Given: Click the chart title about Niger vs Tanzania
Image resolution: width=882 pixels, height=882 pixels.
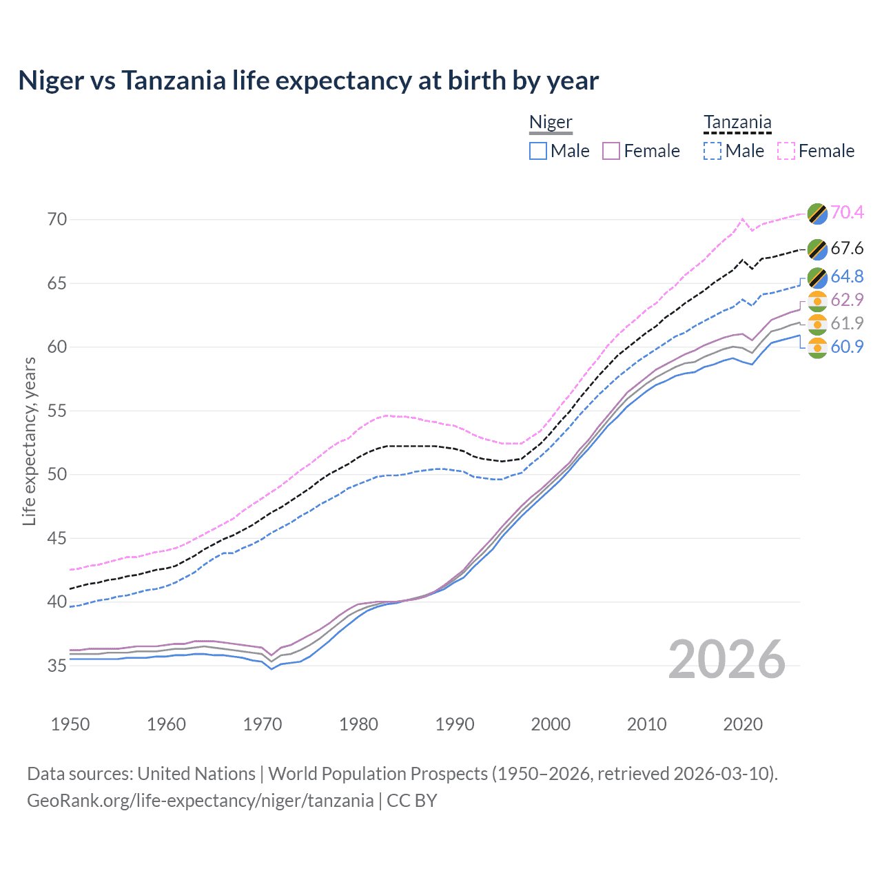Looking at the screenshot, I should (308, 81).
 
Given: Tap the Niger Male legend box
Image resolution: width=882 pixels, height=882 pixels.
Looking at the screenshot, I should (538, 151).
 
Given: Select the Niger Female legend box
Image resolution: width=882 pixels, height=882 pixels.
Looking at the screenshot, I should (612, 151).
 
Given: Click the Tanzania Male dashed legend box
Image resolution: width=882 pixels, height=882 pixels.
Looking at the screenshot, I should (712, 151).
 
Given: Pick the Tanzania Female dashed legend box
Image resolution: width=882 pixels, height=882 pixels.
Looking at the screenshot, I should (786, 151).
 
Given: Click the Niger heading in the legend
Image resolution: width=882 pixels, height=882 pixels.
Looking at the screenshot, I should (551, 123).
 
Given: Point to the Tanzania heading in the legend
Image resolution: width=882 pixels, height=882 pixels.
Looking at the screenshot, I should (737, 123).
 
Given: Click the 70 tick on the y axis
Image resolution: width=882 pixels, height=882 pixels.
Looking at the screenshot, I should (57, 220).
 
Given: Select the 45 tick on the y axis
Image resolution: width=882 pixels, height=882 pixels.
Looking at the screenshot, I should (57, 538).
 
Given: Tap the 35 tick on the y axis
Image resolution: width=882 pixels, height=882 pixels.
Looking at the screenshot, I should (57, 666).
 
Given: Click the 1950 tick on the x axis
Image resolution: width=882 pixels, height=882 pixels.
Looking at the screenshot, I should (70, 724).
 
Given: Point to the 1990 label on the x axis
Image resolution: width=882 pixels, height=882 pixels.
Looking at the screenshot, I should (455, 724).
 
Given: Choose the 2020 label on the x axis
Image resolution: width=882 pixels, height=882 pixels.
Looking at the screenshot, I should (743, 724).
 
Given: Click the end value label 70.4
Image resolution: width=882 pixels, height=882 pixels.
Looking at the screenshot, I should (847, 212).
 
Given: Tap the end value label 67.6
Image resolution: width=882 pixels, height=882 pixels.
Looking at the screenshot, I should (847, 248).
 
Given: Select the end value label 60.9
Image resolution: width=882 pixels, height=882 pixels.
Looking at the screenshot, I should (847, 347).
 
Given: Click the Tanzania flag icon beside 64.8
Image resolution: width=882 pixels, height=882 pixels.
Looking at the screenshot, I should (817, 277).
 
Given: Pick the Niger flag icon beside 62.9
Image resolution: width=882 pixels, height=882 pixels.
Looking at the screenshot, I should (817, 301).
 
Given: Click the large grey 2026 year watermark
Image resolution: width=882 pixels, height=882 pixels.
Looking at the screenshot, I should (727, 659).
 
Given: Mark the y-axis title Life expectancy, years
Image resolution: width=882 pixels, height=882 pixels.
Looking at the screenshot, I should (29, 441).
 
